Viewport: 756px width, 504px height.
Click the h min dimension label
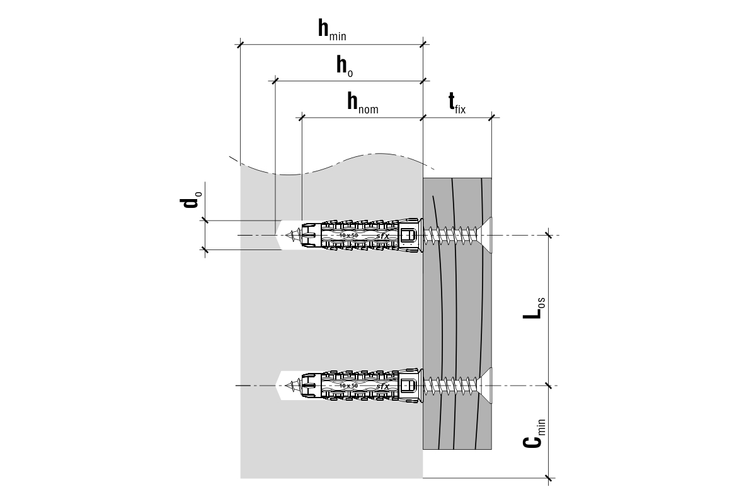point(331,30)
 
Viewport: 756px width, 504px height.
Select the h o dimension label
point(344,66)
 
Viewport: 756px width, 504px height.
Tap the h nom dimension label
point(362,103)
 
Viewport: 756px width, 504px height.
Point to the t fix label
point(457,103)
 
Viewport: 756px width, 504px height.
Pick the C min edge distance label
point(535,433)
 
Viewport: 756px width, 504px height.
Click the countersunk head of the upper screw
point(487,235)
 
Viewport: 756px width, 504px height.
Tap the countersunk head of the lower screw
point(487,385)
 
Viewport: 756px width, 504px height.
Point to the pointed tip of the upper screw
point(289,236)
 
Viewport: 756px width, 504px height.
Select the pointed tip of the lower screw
point(289,385)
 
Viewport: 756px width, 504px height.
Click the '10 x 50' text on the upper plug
point(348,235)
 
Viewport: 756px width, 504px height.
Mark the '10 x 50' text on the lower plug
point(348,385)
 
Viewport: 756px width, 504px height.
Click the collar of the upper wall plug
point(409,236)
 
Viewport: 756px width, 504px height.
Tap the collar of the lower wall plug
point(409,385)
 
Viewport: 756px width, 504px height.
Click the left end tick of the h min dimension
point(240,44)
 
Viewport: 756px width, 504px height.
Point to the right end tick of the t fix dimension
point(491,117)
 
